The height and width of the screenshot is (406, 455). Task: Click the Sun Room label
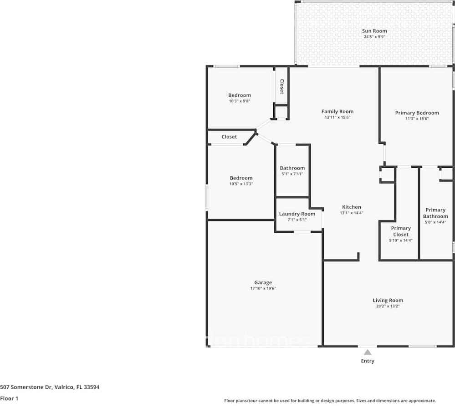tap(374, 31)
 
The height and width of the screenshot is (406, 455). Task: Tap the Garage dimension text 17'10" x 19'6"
tap(263, 288)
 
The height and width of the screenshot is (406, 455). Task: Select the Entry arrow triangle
tap(368, 351)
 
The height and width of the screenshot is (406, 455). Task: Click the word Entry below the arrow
tap(368, 361)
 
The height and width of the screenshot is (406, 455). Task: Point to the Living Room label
tap(388, 300)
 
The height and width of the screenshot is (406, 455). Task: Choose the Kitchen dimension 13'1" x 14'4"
tap(351, 213)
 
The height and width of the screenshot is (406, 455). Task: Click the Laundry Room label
tap(297, 214)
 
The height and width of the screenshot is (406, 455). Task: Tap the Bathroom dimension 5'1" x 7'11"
tap(292, 174)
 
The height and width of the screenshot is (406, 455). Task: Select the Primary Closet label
tap(401, 231)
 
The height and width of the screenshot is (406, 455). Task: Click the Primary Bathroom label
tap(435, 213)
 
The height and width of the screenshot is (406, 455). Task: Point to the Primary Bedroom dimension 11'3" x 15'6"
tap(417, 119)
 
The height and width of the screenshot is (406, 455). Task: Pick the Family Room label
tap(337, 111)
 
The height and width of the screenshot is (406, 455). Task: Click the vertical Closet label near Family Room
tap(282, 86)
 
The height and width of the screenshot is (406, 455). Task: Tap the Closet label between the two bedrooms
tap(229, 137)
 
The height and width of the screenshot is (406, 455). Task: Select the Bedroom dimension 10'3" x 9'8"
tap(240, 101)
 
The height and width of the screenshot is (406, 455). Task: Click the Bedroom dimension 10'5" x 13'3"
tap(241, 184)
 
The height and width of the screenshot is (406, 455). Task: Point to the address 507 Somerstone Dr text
tap(50, 387)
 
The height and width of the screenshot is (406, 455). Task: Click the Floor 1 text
tap(9, 398)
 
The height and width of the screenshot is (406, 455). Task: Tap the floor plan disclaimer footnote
tap(330, 401)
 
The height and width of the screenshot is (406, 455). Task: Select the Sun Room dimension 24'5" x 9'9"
tap(374, 37)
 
